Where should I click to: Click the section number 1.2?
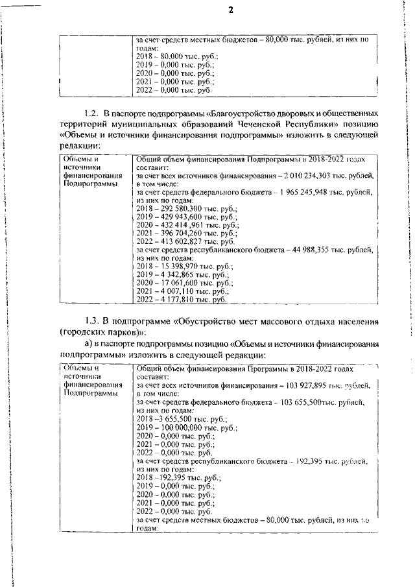tap(94, 114)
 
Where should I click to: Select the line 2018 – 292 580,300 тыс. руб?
tap(178, 210)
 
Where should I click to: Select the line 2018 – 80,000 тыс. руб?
tap(169, 57)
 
